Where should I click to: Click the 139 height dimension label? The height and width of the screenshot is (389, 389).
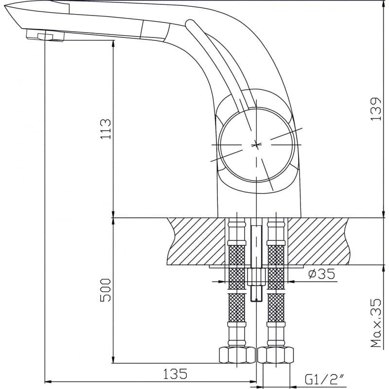(x=375, y=108)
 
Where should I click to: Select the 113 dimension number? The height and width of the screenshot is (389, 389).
(x=106, y=129)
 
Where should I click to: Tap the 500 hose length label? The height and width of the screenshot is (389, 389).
(x=106, y=290)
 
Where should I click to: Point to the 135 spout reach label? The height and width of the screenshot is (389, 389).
(x=175, y=374)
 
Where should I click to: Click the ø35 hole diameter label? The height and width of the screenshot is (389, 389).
(x=321, y=274)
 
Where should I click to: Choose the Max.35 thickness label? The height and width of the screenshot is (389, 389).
(x=375, y=323)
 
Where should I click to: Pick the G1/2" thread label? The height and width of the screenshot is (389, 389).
(x=324, y=380)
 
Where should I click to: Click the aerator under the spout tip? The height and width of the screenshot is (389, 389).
(x=45, y=35)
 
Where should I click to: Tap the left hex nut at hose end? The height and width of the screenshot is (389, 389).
(x=237, y=355)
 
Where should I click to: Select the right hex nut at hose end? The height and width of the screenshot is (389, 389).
(x=276, y=355)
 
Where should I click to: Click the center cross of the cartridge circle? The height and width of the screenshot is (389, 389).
(x=256, y=144)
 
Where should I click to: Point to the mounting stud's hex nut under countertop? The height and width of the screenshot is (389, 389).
(x=256, y=277)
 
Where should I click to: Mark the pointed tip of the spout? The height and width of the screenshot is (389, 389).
(x=5, y=7)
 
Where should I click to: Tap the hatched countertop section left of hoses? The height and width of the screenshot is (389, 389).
(x=196, y=241)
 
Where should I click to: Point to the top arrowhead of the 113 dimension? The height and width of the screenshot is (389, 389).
(x=113, y=44)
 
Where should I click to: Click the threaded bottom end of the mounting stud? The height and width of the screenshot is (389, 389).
(x=256, y=294)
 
